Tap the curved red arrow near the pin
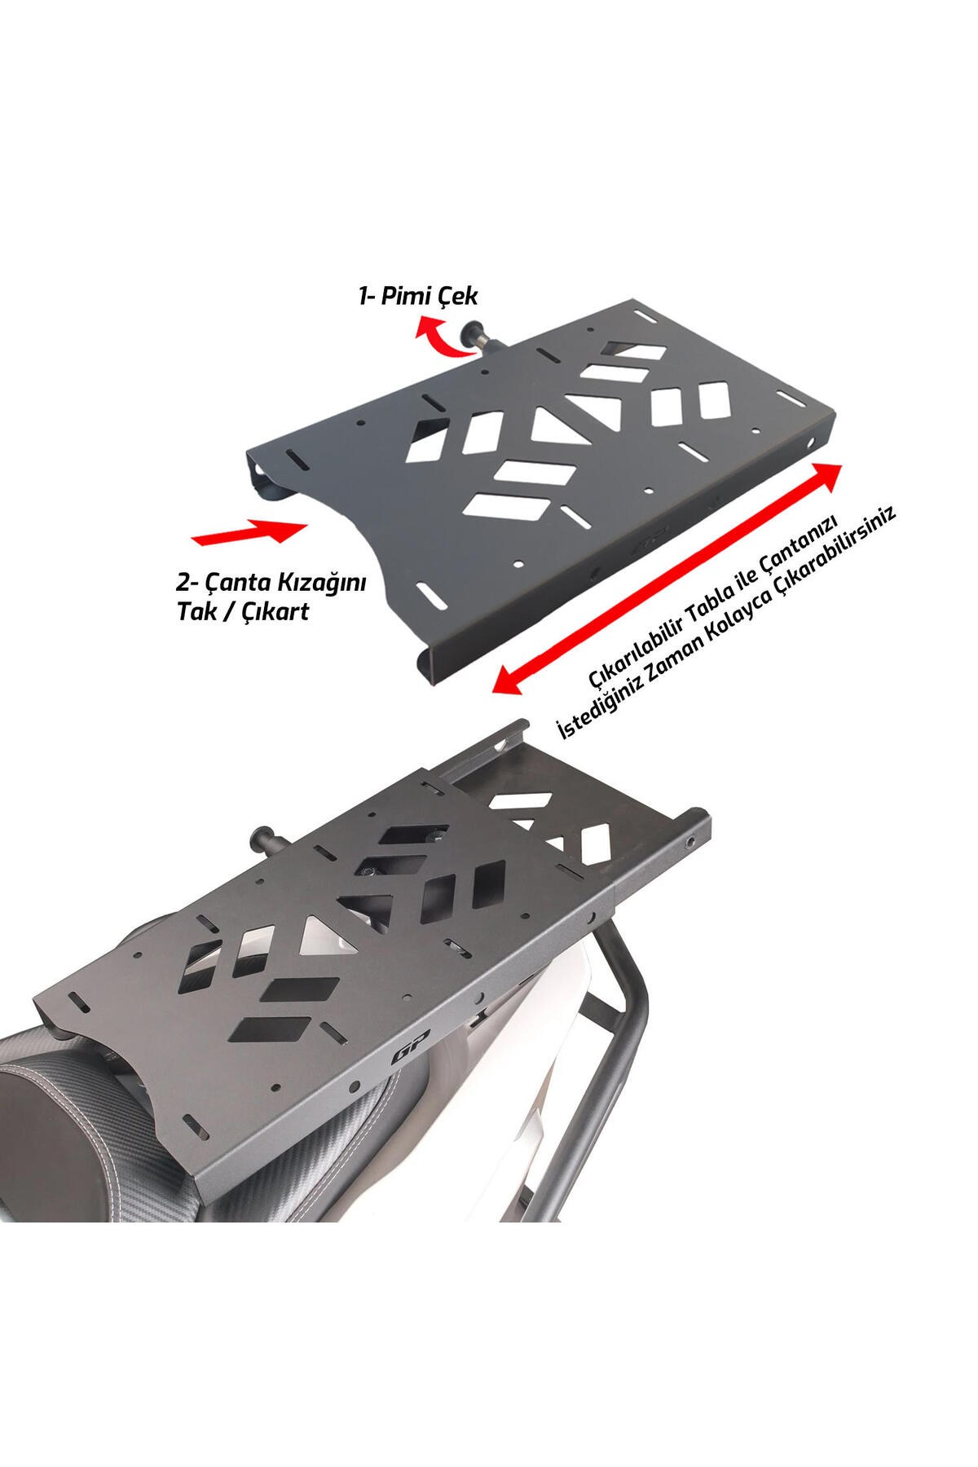(x=438, y=337)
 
